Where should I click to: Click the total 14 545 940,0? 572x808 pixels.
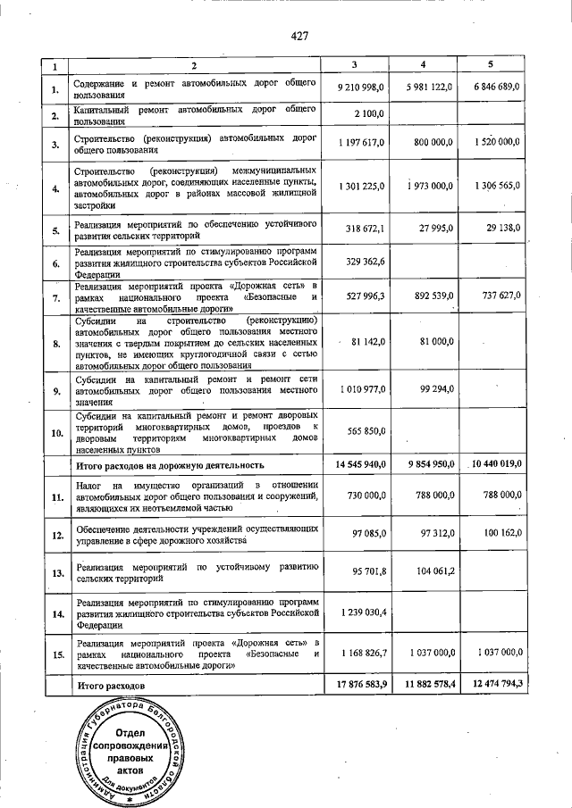(x=359, y=464)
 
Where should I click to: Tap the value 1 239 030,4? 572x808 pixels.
(x=362, y=614)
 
